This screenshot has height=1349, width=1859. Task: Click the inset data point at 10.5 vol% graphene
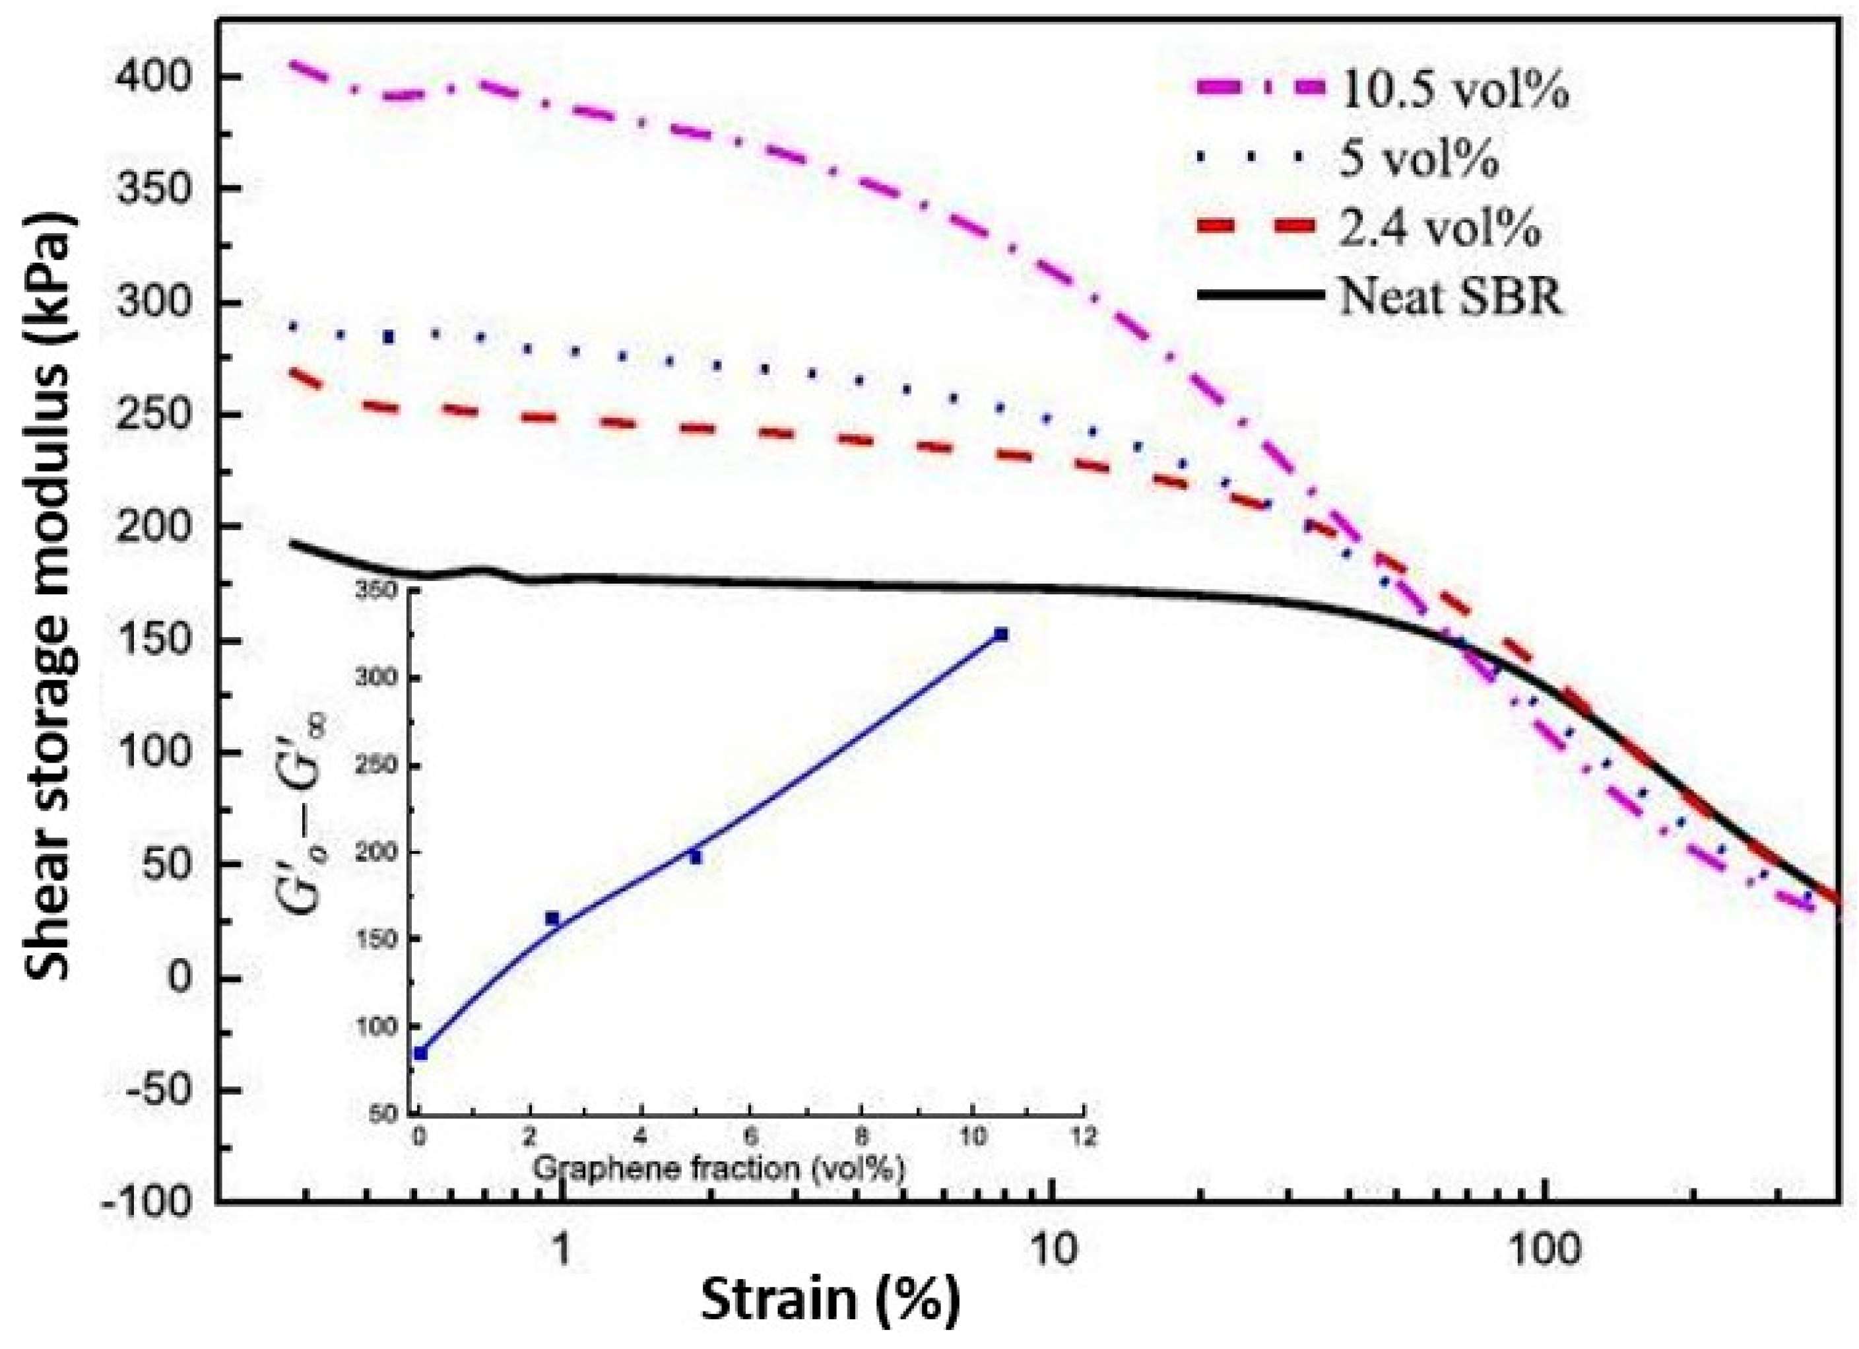(1001, 634)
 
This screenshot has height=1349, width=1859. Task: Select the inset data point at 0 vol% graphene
(420, 1053)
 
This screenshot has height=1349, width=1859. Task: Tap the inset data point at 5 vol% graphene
(696, 857)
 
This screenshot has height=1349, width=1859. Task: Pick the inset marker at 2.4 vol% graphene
(552, 919)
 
